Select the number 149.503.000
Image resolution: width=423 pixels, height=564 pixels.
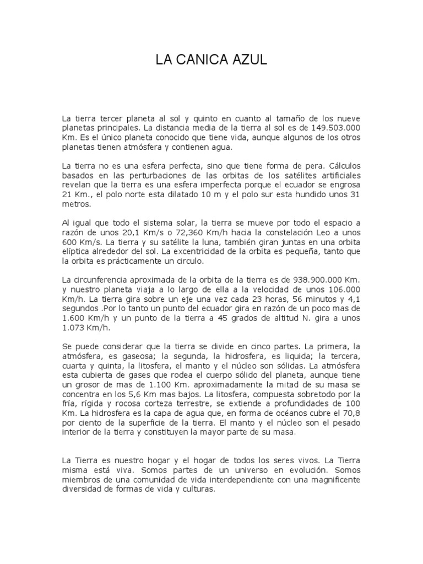[x=333, y=128]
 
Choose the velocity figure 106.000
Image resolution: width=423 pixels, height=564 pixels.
[x=341, y=289]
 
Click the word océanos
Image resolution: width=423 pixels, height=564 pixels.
[x=292, y=413]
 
